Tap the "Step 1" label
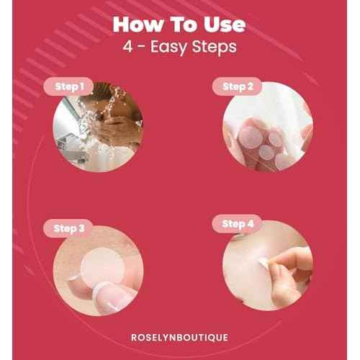pos(70,87)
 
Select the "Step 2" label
pos(238,87)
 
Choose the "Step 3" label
pos(70,228)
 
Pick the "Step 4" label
pos(238,225)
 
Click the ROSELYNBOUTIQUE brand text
pos(179,337)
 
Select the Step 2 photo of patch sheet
pos(266,130)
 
